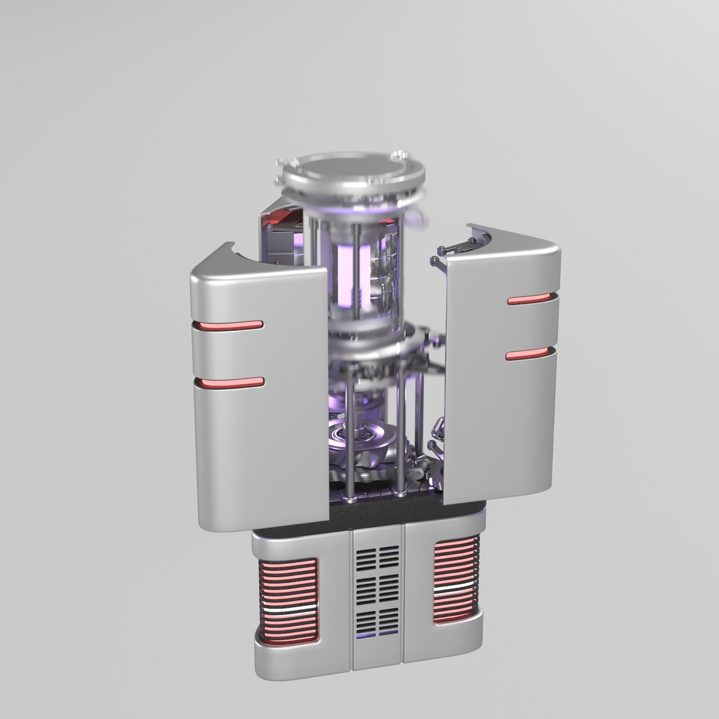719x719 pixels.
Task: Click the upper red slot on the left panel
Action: pyautogui.click(x=228, y=325)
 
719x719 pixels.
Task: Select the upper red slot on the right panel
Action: pyautogui.click(x=531, y=300)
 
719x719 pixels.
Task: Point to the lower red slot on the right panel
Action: pyautogui.click(x=530, y=354)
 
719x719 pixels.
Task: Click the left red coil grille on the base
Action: pyautogui.click(x=288, y=600)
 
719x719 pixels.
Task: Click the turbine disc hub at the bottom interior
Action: pyautogui.click(x=362, y=436)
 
